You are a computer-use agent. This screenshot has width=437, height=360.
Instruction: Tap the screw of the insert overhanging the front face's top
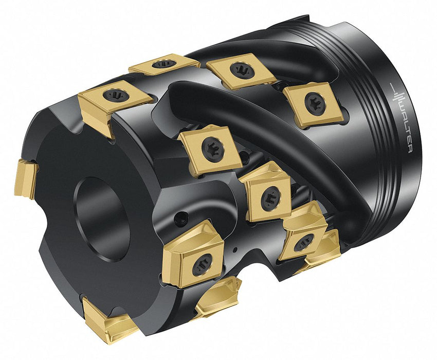115,95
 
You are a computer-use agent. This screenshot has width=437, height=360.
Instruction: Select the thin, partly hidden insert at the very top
164,65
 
